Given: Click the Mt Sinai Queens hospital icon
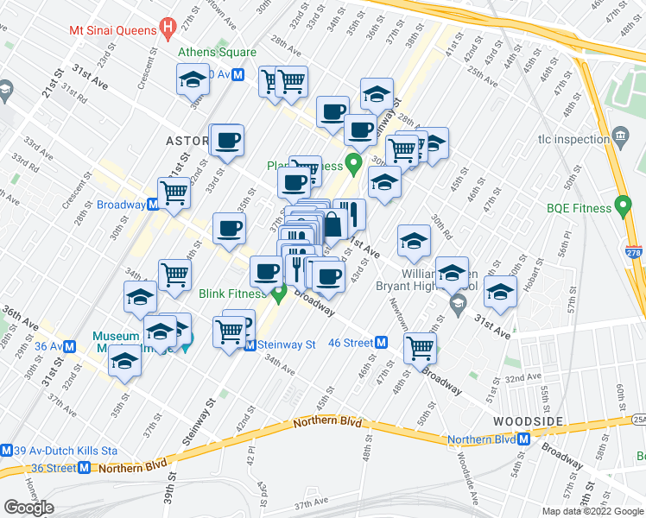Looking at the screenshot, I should tap(169, 30).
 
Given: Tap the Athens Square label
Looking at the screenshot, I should tap(217, 52).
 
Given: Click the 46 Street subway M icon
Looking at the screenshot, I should tap(381, 343).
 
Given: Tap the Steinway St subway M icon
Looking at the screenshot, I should tap(250, 344).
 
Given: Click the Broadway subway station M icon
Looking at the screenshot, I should tap(152, 205).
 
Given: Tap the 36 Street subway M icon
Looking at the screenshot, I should tap(85, 468).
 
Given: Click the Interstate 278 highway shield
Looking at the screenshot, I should tap(634, 253).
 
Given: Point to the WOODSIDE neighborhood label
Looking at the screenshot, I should tap(529, 420).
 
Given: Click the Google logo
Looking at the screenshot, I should tap(28, 507).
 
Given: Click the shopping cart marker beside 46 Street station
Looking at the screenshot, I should tap(420, 348).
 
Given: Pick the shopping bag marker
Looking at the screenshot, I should tap(333, 225).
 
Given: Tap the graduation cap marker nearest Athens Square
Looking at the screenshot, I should tap(191, 81).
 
